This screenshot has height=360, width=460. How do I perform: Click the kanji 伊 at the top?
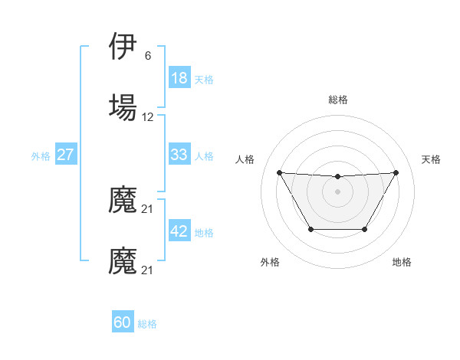tap(123, 48)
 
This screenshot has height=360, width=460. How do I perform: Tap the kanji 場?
tap(123, 106)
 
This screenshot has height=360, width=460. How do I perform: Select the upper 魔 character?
tap(123, 201)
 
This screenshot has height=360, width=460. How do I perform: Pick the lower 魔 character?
tap(123, 260)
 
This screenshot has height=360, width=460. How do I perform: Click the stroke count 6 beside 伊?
tap(148, 56)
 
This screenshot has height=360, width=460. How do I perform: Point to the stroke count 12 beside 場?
tap(148, 117)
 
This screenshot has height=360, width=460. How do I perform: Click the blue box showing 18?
tap(179, 78)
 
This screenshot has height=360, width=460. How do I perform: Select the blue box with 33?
tap(179, 155)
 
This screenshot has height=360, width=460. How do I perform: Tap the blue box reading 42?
tap(179, 231)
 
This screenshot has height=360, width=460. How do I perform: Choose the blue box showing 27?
tap(66, 155)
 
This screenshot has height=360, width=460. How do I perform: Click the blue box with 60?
tap(123, 323)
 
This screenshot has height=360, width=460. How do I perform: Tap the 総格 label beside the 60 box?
tap(147, 325)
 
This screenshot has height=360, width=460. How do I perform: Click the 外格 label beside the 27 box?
tap(41, 156)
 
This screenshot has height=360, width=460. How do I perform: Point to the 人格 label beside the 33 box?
tap(204, 156)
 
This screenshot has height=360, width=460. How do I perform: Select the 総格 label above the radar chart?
tap(338, 100)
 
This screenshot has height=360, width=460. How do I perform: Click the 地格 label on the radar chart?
tap(402, 262)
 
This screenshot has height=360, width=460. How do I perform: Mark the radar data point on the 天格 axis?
tap(396, 172)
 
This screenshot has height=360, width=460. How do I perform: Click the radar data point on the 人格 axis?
tap(279, 172)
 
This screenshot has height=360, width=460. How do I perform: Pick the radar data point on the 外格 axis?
tap(310, 229)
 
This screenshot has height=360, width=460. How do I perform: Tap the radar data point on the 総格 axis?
tap(338, 177)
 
